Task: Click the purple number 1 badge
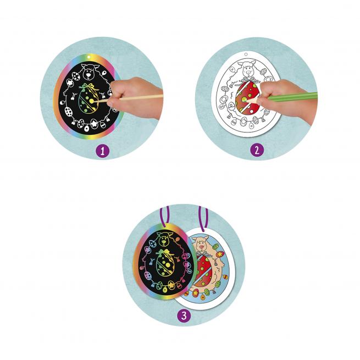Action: pos(102,151)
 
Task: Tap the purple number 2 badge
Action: pos(257,150)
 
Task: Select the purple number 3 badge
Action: pos(184,315)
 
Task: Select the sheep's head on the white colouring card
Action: pos(248,68)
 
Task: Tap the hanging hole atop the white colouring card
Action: pos(246,54)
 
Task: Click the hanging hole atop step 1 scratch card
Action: pos(88,56)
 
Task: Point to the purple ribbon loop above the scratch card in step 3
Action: pos(165,216)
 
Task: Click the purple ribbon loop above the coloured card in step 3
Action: pos(203,218)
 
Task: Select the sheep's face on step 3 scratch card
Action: pos(164,240)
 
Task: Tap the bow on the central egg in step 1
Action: pos(89,87)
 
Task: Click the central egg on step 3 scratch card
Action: pos(165,264)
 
